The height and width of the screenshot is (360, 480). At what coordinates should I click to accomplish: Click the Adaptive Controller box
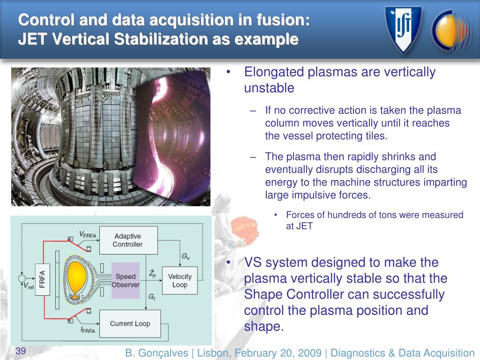(127, 240)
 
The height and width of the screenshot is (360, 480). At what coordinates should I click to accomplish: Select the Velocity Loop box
(180, 280)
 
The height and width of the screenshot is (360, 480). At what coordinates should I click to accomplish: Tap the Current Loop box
(130, 323)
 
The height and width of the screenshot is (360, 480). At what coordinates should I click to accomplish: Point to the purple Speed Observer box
(125, 280)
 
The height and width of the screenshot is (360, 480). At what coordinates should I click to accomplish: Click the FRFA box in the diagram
(41, 280)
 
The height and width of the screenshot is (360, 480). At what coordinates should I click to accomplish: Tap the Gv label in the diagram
(185, 257)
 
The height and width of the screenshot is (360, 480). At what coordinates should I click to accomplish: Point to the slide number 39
(21, 352)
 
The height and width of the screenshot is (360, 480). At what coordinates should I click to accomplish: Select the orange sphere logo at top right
(450, 29)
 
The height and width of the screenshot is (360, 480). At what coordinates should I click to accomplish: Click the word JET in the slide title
(32, 39)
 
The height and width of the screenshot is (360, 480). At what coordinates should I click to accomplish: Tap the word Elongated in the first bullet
(274, 73)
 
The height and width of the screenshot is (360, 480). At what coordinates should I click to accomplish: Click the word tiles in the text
(376, 136)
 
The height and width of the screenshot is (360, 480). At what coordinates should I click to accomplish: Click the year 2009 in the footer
(307, 353)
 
